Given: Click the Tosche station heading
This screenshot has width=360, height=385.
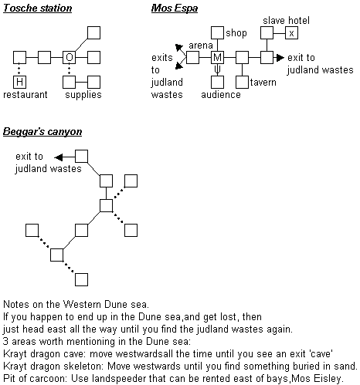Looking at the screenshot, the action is click(37, 8).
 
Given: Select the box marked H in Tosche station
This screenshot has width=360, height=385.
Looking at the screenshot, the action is click(19, 82).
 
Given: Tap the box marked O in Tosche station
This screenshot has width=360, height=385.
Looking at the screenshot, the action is click(70, 57).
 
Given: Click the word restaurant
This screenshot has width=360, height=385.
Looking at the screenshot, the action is click(25, 95).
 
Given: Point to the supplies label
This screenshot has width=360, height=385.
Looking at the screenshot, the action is click(83, 95).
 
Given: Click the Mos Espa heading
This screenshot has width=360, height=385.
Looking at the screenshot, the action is click(175, 8).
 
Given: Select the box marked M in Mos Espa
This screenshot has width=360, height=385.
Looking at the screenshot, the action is click(217, 57).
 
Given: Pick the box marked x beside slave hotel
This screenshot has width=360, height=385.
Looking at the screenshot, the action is click(291, 33).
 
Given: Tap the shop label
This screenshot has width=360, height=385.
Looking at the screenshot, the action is click(236, 33).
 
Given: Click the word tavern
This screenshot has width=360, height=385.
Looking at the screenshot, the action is click(263, 83).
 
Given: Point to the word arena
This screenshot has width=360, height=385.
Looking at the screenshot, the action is click(201, 46).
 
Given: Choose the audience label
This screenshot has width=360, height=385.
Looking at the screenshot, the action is click(221, 95).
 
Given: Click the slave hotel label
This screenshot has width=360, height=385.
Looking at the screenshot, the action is click(286, 21).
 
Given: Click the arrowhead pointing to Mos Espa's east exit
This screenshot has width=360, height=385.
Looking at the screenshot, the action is click(280, 57).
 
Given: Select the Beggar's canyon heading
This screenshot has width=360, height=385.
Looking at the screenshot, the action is click(42, 132).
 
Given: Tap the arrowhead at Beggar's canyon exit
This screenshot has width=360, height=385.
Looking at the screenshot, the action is click(59, 157).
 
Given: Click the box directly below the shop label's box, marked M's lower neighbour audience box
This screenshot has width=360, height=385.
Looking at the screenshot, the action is click(217, 82).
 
